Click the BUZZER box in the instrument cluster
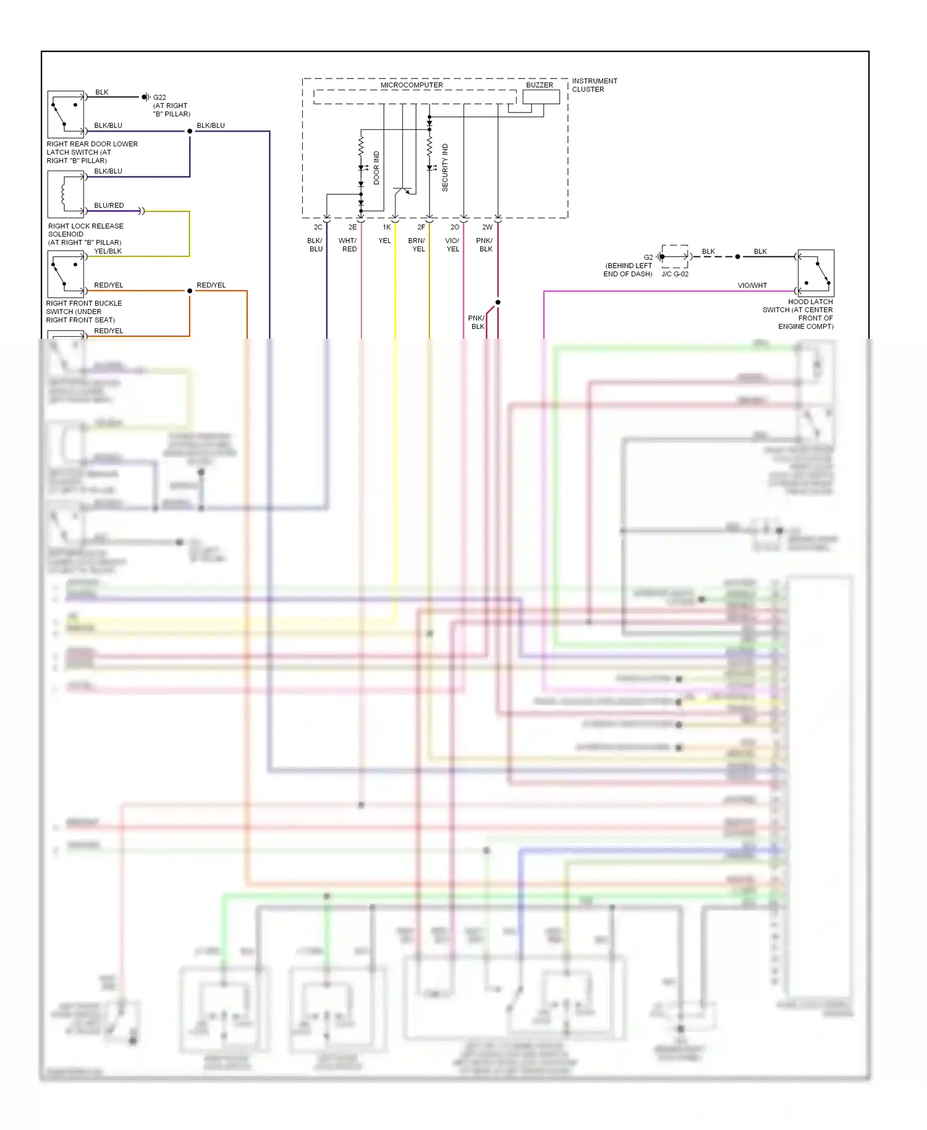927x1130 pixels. coord(541,97)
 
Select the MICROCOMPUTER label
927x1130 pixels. coord(411,85)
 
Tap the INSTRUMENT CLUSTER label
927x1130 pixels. coord(594,85)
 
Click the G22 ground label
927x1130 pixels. coord(159,98)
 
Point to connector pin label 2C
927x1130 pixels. coord(318,227)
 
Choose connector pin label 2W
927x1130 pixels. coord(487,227)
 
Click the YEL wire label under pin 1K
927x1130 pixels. coord(384,241)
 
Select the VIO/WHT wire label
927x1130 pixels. coord(751,286)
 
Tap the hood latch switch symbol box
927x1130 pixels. coord(816,273)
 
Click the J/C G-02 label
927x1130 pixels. coord(674,274)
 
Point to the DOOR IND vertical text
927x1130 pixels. coord(376,168)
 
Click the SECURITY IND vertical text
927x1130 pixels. coord(445,168)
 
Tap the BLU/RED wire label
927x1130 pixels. coord(109,205)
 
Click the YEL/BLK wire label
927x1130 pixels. coord(108,251)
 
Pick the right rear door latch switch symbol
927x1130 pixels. coord(66,114)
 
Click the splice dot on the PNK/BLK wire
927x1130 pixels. coord(497,302)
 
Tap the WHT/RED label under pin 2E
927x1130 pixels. coord(348,245)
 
